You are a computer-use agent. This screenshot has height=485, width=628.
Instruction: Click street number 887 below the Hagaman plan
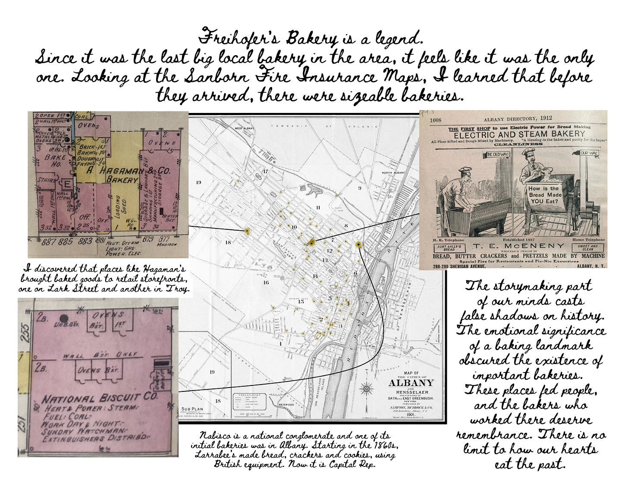47,242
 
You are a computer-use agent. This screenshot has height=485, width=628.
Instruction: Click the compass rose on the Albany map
366,388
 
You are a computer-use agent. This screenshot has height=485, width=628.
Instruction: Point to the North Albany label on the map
393,173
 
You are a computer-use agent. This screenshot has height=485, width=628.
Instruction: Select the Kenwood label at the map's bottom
286,405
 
